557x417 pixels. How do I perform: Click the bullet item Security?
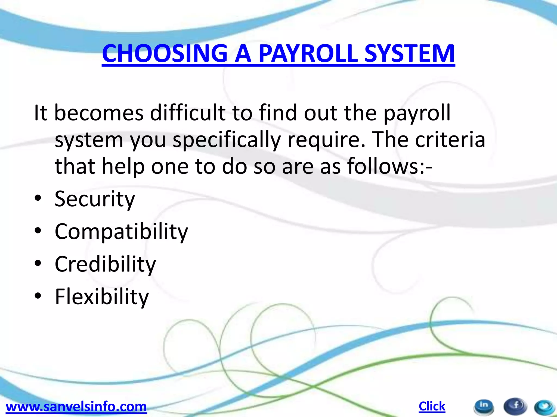click(x=95, y=199)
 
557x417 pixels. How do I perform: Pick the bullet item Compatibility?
click(x=121, y=232)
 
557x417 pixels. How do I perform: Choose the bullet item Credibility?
click(x=105, y=264)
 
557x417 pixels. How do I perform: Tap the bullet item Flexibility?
click(x=102, y=297)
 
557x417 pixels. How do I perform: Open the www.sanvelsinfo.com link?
click(x=76, y=407)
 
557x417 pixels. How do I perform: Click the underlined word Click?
click(x=432, y=406)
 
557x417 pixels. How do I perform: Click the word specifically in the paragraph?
click(x=227, y=140)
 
